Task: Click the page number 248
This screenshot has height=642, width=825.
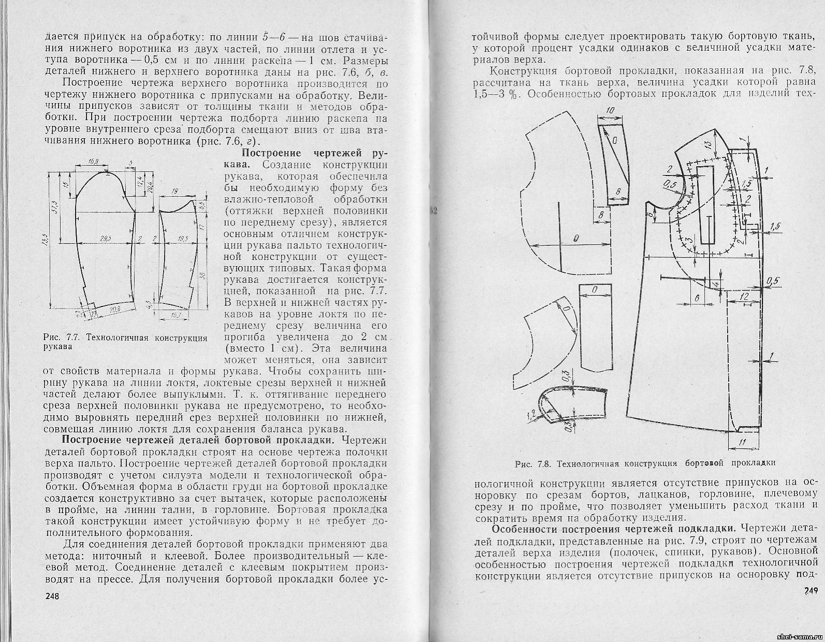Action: pyautogui.click(x=52, y=596)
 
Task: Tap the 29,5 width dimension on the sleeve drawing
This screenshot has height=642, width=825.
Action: pyautogui.click(x=107, y=239)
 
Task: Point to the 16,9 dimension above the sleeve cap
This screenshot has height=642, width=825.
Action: pyautogui.click(x=93, y=161)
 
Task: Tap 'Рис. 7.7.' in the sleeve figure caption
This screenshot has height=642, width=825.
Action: pyautogui.click(x=61, y=338)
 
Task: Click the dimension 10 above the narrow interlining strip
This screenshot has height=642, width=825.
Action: pyautogui.click(x=610, y=111)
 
